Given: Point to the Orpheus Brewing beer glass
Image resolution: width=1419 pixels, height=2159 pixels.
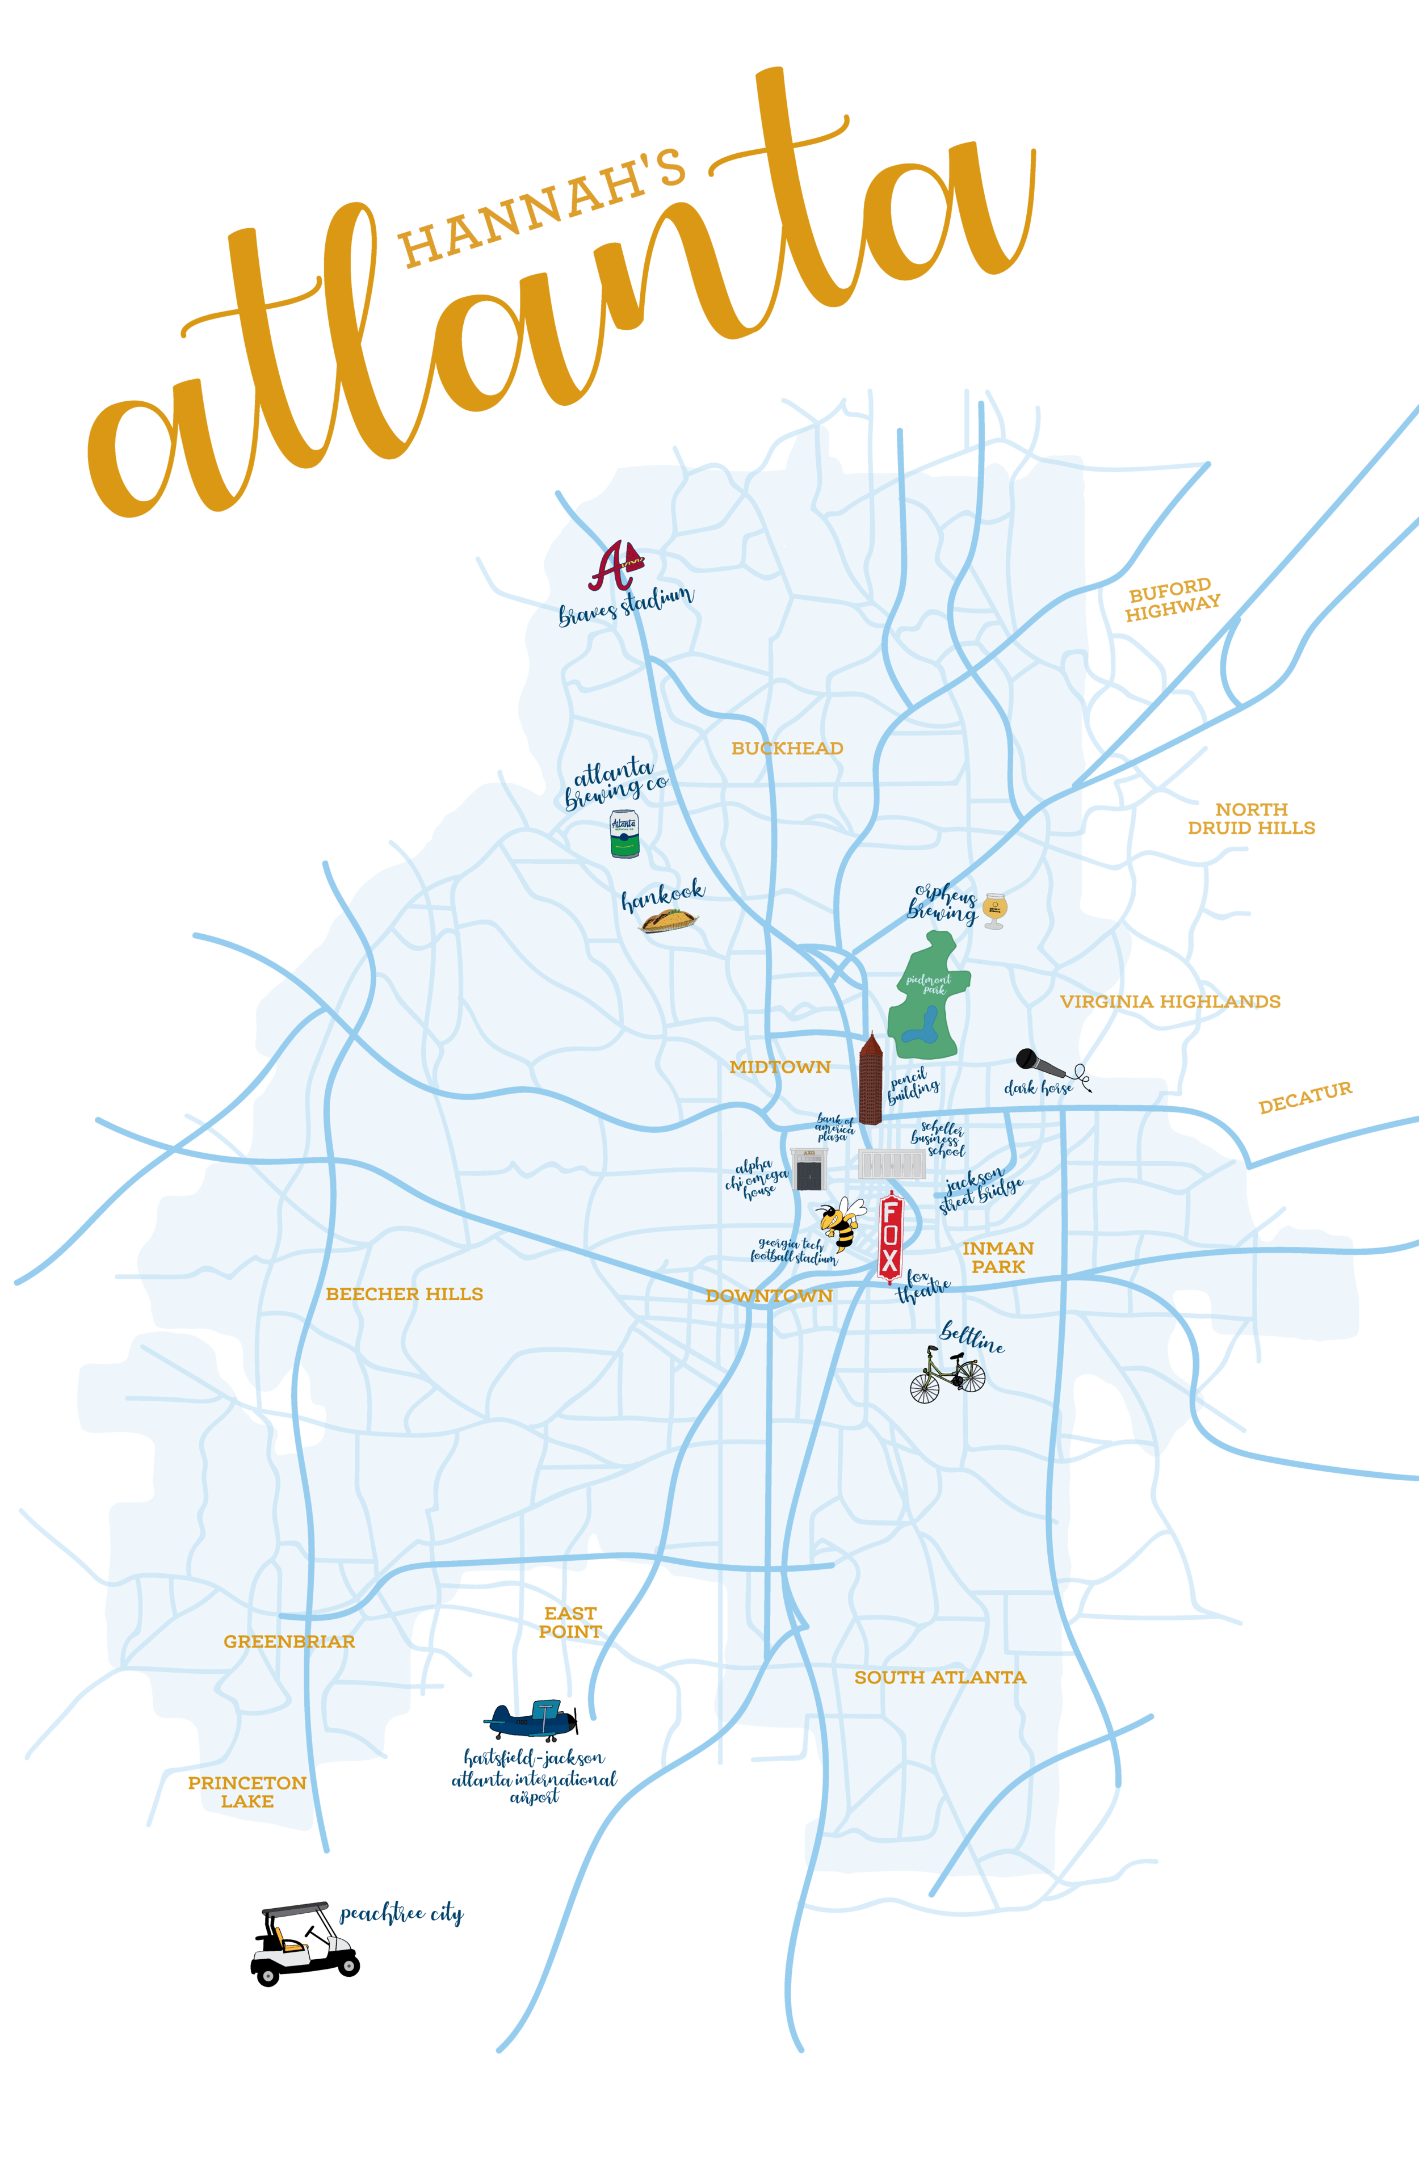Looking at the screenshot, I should tap(994, 911).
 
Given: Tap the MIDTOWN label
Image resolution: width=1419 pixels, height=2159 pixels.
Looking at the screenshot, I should tap(779, 1068).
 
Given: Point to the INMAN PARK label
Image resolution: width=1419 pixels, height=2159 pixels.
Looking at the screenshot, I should tap(998, 1257).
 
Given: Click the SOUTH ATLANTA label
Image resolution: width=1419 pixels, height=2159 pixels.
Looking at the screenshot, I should tap(940, 1677).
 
